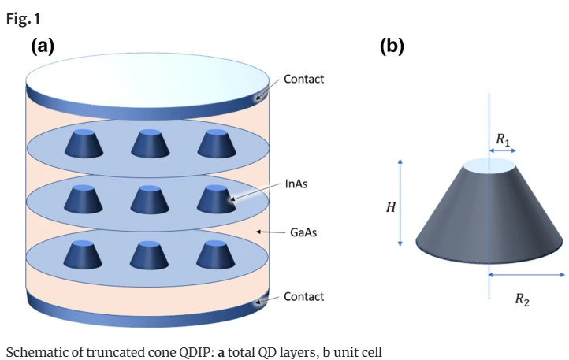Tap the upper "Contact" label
click(x=303, y=80)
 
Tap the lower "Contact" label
click(x=303, y=297)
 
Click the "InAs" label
click(x=297, y=186)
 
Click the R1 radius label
click(x=502, y=139)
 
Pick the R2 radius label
click(x=522, y=299)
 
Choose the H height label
click(x=390, y=207)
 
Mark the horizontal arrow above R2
click(x=526, y=275)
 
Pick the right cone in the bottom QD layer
click(x=215, y=254)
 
